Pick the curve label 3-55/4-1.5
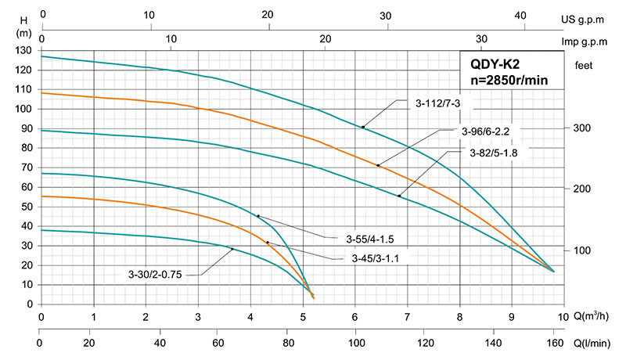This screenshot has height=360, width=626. [369, 238]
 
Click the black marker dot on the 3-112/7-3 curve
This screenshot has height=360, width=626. [362, 127]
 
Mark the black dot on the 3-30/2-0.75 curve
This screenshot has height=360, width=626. [232, 249]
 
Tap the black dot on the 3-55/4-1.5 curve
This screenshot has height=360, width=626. [258, 216]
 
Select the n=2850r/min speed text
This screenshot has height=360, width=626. [509, 81]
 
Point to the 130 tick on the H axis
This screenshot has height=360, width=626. [26, 51]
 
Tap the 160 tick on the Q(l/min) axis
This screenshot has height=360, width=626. [554, 343]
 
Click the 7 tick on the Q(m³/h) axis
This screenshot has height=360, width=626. [407, 317]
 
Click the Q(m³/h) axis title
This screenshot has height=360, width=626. [593, 317]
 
